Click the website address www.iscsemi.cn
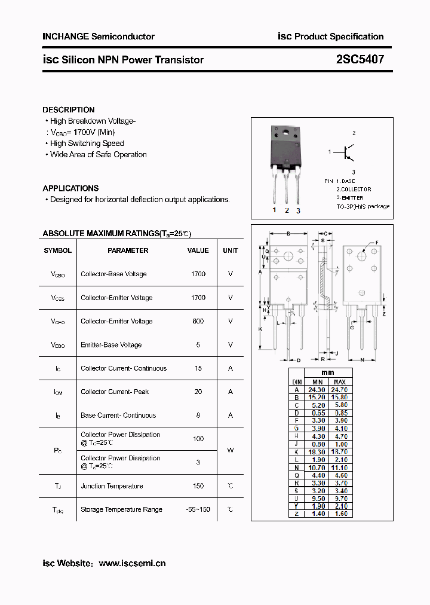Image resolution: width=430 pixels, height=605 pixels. tap(132, 563)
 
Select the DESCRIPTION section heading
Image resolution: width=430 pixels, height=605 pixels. tap(69, 110)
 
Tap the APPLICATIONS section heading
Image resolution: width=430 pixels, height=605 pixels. tap(70, 188)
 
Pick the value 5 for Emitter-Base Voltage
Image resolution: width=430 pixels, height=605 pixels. tap(198, 344)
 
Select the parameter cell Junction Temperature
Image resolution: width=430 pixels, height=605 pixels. tap(112, 486)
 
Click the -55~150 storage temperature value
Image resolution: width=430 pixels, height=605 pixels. tap(198, 509)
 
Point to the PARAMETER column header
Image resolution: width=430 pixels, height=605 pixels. tap(128, 250)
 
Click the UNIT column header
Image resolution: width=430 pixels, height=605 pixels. tap(230, 250)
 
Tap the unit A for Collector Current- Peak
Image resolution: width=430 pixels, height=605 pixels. tap(230, 392)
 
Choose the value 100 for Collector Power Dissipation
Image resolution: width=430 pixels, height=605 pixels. tap(198, 439)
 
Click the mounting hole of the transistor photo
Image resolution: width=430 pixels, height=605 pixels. tap(284, 132)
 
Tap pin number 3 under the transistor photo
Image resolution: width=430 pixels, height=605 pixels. tap(298, 210)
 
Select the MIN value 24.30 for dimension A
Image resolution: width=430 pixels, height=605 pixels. tap(318, 389)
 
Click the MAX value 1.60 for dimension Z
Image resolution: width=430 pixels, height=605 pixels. tap(339, 514)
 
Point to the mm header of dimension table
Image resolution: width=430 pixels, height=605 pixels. tap(328, 372)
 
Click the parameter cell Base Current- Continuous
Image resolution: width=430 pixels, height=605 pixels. tap(118, 415)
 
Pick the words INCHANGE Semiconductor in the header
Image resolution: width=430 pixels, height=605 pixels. tap(99, 36)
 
